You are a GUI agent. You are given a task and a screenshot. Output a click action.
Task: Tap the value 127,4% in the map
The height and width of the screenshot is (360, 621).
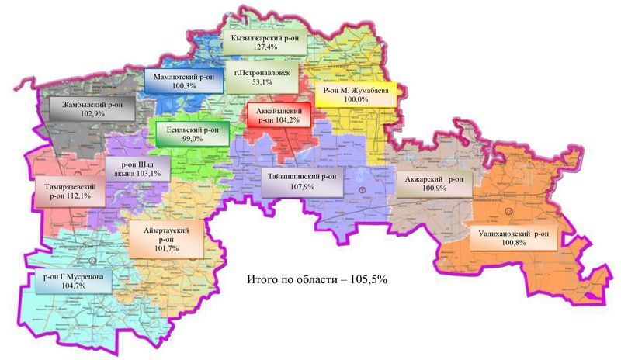coord(259,47)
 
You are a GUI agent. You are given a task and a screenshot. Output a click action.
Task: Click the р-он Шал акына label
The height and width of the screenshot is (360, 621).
coord(136,169)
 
